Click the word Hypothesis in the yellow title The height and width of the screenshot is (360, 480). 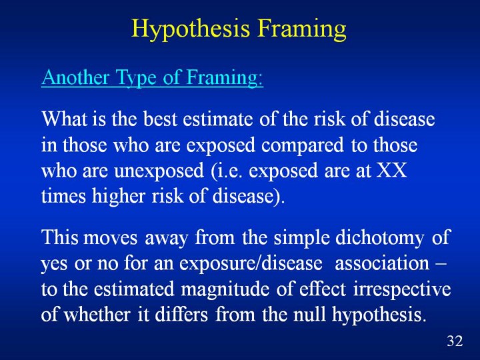191,29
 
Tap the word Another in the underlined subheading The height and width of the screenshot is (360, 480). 75,77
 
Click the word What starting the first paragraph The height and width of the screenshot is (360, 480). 64,119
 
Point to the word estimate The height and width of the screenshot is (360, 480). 218,119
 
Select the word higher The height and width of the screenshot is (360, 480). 119,197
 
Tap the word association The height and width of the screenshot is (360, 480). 382,263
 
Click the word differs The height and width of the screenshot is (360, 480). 181,314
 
